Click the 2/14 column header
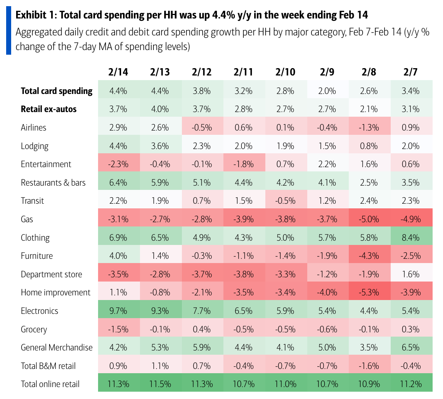pyautogui.click(x=118, y=72)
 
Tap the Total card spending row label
pyautogui.click(x=57, y=91)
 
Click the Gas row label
pyautogui.click(x=27, y=219)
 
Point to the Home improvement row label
pyautogui.click(x=56, y=292)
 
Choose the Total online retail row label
pyautogui.click(x=50, y=384)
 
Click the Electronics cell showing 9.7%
pyautogui.click(x=118, y=311)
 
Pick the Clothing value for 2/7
pyautogui.click(x=411, y=238)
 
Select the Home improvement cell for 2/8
pyautogui.click(x=369, y=292)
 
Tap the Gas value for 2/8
pyautogui.click(x=369, y=219)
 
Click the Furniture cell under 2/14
pyautogui.click(x=118, y=256)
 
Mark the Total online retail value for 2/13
pyautogui.click(x=160, y=384)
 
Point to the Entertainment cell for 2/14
pyautogui.click(x=118, y=164)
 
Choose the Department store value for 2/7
pyautogui.click(x=411, y=274)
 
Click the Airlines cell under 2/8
pyautogui.click(x=369, y=127)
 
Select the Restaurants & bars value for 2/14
pyautogui.click(x=118, y=183)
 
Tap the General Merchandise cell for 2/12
pyautogui.click(x=202, y=347)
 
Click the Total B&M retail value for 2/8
pyautogui.click(x=369, y=365)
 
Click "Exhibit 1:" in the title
pyautogui.click(x=36, y=15)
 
